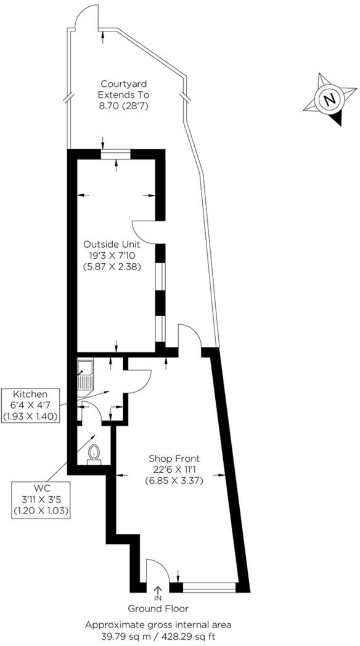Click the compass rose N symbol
(331, 99)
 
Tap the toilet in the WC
(94, 454)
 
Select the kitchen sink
(84, 375)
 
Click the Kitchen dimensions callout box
(30, 405)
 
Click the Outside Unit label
(117, 244)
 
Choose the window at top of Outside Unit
(116, 154)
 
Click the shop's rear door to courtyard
(189, 338)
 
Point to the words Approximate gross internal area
(158, 624)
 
